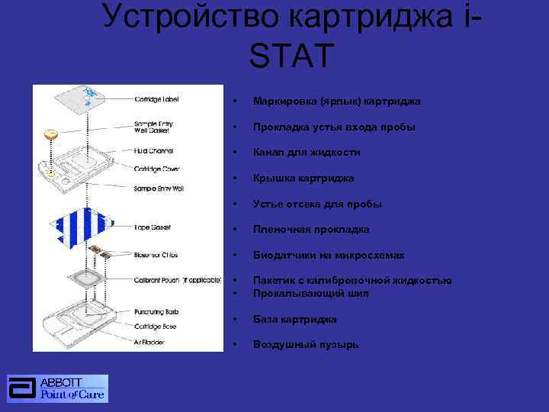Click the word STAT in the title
(x=291, y=56)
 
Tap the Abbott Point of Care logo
(x=58, y=388)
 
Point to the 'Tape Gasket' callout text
(x=152, y=227)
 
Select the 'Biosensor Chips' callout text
(x=156, y=255)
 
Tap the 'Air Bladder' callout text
(x=151, y=342)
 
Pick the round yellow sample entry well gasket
(x=51, y=134)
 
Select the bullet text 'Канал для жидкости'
(x=307, y=153)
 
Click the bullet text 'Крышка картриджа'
(x=303, y=178)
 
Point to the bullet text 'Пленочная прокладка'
(x=311, y=229)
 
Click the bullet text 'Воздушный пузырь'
(x=306, y=344)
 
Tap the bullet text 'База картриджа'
(x=294, y=319)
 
